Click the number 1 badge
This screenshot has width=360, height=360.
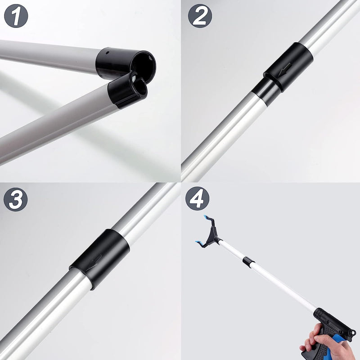[16, 16]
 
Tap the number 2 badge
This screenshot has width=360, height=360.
[200, 16]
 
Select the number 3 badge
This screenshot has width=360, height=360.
[16, 199]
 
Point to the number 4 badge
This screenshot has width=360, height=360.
[197, 198]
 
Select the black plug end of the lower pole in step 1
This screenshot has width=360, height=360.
[127, 90]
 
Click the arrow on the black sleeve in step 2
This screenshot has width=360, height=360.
[285, 69]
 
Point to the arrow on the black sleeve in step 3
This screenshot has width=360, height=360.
[94, 262]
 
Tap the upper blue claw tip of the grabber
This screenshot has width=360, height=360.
[206, 217]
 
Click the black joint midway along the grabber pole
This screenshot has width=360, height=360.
[248, 262]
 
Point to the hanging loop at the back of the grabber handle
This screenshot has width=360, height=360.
[352, 333]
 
